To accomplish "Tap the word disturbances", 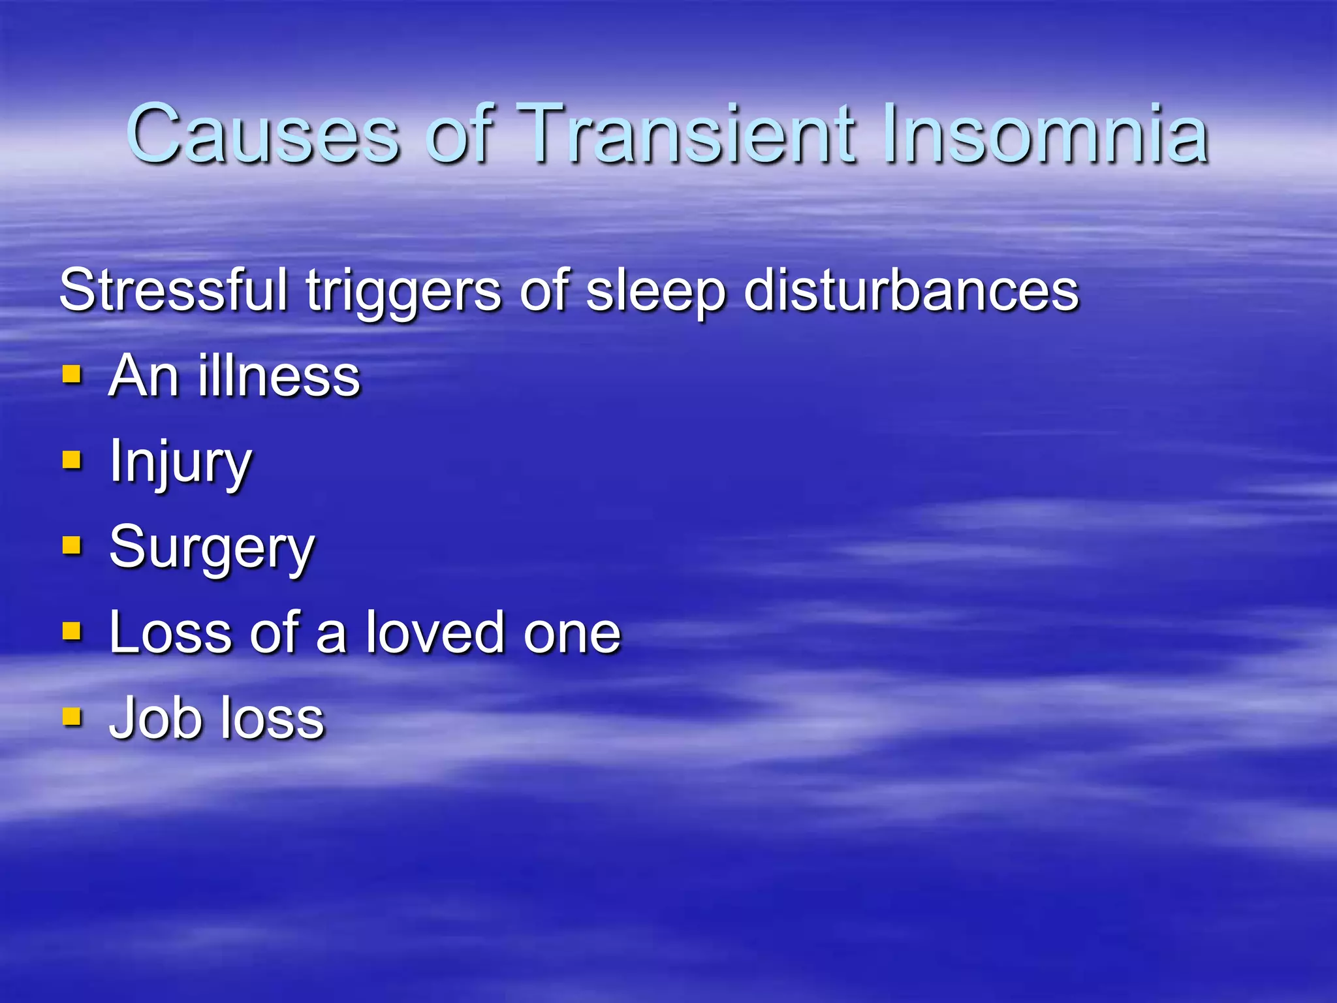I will click(911, 290).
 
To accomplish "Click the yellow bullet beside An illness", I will click(72, 375).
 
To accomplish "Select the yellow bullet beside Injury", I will click(72, 460).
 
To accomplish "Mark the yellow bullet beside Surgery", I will click(72, 546).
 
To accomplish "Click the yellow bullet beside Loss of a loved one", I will click(72, 631).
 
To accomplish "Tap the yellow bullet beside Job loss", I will click(72, 717).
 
